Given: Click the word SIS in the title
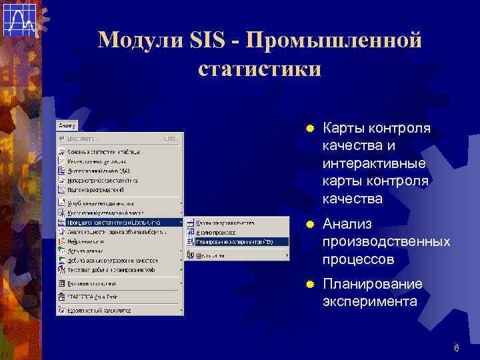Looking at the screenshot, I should (209, 40).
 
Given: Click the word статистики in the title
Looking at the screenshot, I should (260, 69).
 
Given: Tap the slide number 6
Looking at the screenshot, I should (457, 348).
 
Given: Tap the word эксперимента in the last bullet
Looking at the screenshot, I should (370, 301).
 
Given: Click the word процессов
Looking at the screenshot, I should (358, 258).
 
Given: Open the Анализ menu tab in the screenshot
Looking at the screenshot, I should (67, 125).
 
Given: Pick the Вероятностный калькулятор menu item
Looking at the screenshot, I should (103, 311).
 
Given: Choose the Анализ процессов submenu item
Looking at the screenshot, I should (216, 232).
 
